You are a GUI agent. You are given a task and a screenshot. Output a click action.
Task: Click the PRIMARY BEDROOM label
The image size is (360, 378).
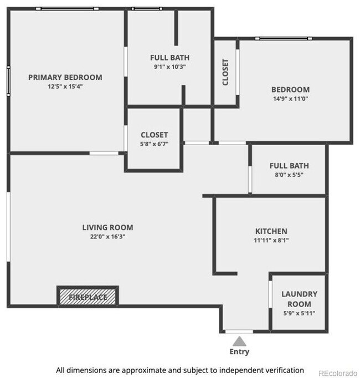[65, 77]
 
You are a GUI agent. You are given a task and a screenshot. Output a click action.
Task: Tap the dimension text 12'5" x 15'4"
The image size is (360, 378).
[65, 86]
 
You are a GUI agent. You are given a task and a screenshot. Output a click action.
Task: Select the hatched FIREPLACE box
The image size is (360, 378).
[88, 297]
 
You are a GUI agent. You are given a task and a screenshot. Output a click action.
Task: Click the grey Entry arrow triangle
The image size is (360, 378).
[239, 340]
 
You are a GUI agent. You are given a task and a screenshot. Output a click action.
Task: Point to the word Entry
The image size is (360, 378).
[239, 351]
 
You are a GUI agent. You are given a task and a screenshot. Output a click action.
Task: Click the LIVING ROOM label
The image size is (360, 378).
[107, 227]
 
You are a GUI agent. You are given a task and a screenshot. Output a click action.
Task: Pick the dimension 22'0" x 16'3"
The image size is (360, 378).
[107, 237]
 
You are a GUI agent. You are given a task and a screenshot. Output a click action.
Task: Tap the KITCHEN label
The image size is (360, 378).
[271, 231]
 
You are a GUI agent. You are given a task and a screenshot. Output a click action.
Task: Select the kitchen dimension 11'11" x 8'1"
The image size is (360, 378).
[271, 241]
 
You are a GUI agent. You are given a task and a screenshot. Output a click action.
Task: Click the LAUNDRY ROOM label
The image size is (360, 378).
[299, 299]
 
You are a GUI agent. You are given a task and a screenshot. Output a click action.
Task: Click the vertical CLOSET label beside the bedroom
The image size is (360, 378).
[225, 72]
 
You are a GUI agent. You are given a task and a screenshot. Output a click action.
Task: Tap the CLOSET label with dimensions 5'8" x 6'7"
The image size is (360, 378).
[154, 135]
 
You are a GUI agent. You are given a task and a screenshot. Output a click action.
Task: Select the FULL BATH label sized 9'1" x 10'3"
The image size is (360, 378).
[169, 58]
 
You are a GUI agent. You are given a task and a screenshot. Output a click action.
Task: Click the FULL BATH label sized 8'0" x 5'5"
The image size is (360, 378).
[289, 166]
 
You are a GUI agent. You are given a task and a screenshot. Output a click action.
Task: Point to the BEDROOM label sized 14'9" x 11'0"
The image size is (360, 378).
[290, 90]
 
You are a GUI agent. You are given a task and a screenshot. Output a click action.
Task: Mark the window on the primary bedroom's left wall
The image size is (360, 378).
[8, 81]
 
